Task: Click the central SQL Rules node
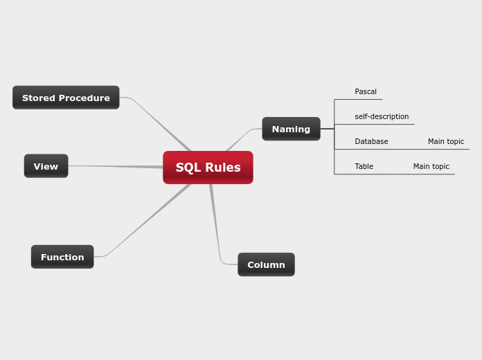click(x=208, y=168)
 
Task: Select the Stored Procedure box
click(x=66, y=98)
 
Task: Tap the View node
click(x=46, y=166)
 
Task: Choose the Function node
click(x=62, y=257)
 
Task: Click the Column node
click(x=266, y=264)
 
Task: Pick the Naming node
click(x=291, y=129)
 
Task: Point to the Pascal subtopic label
click(x=366, y=91)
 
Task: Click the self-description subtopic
click(x=382, y=116)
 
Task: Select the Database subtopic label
click(x=371, y=141)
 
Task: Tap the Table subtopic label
click(x=364, y=166)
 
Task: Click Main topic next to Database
click(x=446, y=141)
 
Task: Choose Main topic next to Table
click(x=431, y=166)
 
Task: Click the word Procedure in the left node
click(x=84, y=98)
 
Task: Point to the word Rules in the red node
click(x=223, y=168)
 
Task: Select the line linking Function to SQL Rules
click(x=145, y=221)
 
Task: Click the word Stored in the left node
click(x=39, y=98)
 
